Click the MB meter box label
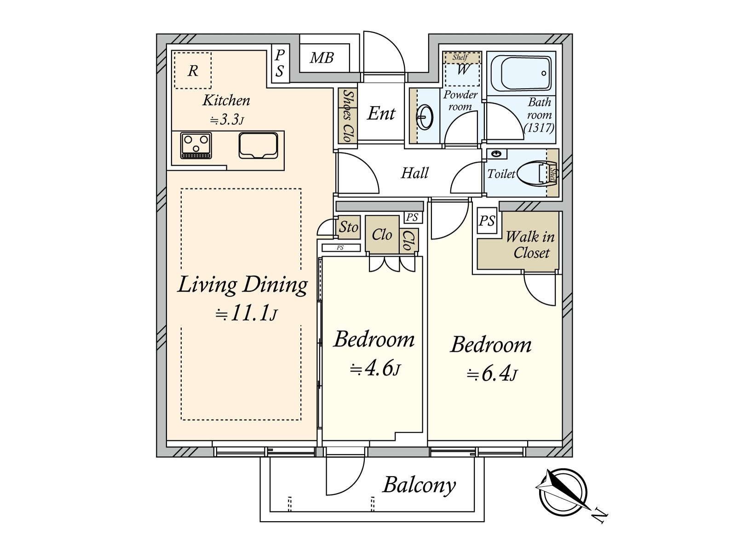pos(322,58)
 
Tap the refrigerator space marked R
pos(193,70)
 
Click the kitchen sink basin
pos(259,145)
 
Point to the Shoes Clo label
pos(348,115)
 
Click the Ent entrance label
pos(381,113)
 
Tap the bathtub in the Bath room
pos(521,74)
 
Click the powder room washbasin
pos(425,117)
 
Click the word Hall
pos(414,173)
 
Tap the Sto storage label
pos(348,227)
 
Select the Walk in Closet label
pos(530,245)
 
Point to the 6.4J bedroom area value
pos(492,374)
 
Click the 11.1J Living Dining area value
pos(247,314)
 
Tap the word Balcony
pos(419,485)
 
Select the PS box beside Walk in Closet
pos(487,221)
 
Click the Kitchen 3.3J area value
pos(227,120)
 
